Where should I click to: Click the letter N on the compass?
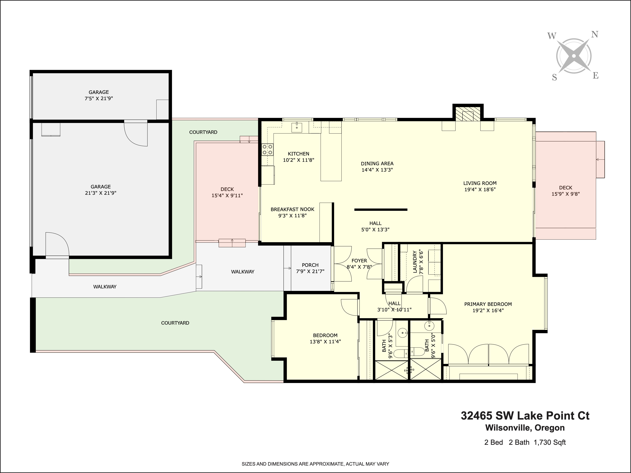[x=595, y=35]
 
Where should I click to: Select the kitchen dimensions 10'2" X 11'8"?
[x=298, y=160]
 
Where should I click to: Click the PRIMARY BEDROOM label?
[x=488, y=304]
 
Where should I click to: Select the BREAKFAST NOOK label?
[x=292, y=209]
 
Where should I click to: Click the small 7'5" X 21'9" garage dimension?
[x=99, y=98]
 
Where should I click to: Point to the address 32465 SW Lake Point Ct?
[x=525, y=416]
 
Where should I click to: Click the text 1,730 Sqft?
[x=550, y=443]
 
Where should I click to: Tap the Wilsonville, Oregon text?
[x=525, y=428]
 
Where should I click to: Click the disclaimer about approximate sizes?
[x=315, y=464]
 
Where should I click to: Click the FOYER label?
[x=359, y=261]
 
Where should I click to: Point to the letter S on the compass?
[x=554, y=78]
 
